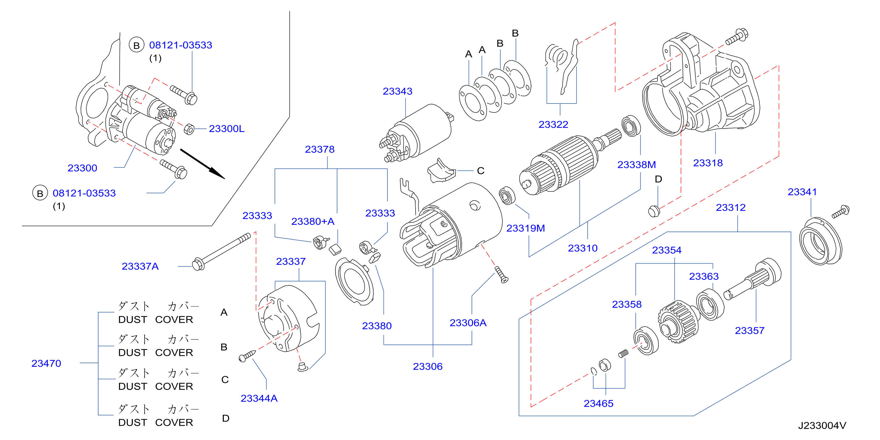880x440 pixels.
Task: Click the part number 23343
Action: coord(397,91)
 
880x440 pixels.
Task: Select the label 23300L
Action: coord(227,129)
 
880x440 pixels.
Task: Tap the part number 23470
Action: coord(46,363)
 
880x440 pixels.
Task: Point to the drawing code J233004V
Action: coord(822,426)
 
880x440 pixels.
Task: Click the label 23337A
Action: coord(140,266)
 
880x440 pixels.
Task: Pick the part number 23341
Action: coord(802,192)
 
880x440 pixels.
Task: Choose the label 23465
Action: coord(599,404)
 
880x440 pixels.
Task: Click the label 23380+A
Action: coord(312,221)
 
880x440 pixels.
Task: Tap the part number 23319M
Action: coord(525,228)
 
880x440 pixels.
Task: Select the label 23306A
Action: coord(468,323)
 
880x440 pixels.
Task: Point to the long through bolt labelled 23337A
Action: coord(221,252)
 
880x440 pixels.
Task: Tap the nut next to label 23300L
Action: coord(189,130)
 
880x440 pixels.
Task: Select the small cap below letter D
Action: coord(654,211)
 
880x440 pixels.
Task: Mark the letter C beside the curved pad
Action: coord(481,170)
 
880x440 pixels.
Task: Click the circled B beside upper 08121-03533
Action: coord(136,45)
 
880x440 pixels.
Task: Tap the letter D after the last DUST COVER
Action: coord(225,418)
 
